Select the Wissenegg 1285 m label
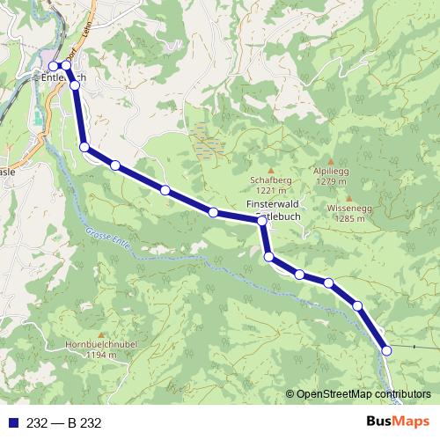click(x=345, y=213)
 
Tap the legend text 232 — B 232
click(x=64, y=423)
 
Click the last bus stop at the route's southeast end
click(x=386, y=350)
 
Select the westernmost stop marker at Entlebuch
click(x=53, y=66)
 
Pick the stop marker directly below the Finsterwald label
click(x=262, y=222)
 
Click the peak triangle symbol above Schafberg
click(x=271, y=170)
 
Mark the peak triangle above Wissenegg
click(x=348, y=199)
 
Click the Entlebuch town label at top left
click(x=63, y=77)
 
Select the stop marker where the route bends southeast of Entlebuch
click(x=84, y=147)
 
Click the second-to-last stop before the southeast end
click(x=358, y=305)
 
